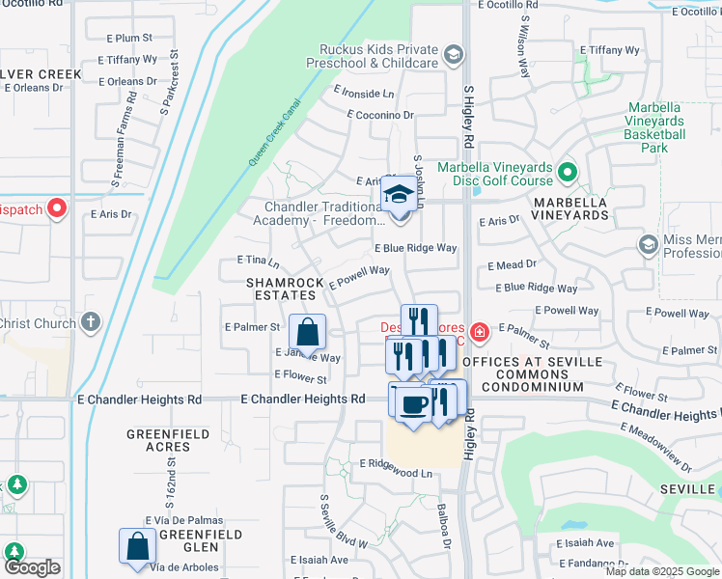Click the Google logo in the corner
click(32, 567)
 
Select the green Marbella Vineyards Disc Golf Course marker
click(568, 173)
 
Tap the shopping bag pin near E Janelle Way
click(306, 333)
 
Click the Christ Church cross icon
click(91, 322)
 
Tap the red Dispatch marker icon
click(57, 207)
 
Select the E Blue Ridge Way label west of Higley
click(415, 248)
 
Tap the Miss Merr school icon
click(647, 243)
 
